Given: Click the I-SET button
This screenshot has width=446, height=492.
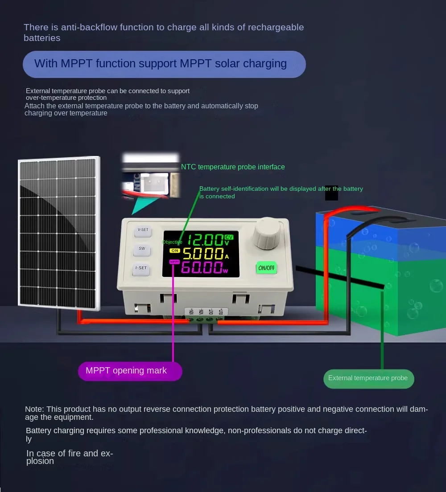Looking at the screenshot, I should point(141,269).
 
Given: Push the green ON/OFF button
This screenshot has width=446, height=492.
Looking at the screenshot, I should point(266,268).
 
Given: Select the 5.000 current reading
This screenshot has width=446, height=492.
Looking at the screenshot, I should point(203,254).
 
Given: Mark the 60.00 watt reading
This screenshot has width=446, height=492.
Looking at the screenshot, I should point(202,267).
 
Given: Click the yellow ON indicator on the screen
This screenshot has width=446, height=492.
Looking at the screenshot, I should point(175,251).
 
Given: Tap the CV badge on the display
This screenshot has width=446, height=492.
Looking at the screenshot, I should point(229,236).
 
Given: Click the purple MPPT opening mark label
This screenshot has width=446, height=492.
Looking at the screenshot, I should point(130,371).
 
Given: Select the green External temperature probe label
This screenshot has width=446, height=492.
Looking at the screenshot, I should point(368,378).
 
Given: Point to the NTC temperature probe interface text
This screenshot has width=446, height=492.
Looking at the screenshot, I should point(233,167).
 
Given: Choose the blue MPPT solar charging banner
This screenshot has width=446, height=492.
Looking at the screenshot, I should point(164,64).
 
